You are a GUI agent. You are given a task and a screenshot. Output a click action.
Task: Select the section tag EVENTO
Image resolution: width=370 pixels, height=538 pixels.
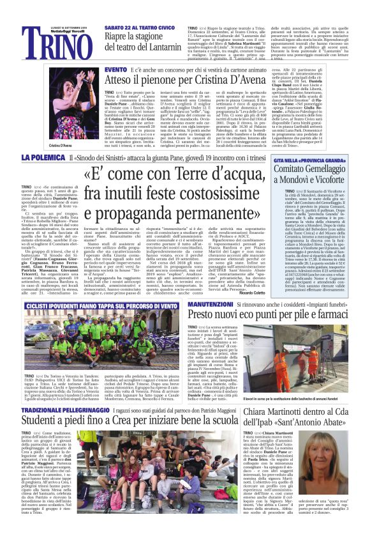coord(115,68)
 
